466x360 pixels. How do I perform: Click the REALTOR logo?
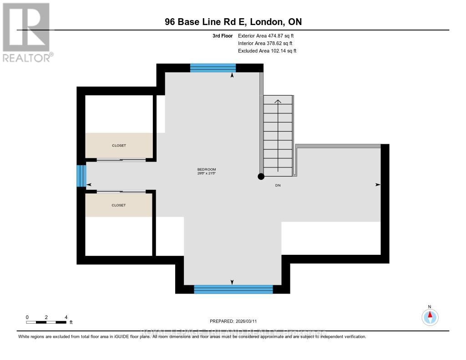pos(26,32)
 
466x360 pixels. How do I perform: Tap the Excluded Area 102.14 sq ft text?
pos(267,51)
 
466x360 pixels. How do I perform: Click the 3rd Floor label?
pos(223,35)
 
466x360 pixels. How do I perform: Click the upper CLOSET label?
pos(119,146)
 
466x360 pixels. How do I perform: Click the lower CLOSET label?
pos(119,205)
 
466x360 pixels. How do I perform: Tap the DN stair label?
pos(278,185)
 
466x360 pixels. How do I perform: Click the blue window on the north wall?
pos(213,68)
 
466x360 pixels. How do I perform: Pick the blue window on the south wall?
pos(233,289)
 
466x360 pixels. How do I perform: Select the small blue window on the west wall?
pos(81,176)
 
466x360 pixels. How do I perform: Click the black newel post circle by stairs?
pos(261,177)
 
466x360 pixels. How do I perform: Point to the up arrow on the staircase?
pos(278,101)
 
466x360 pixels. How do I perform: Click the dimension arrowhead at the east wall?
pos(377,185)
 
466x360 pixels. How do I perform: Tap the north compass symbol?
pos(430,316)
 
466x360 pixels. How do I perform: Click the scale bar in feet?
pos(47,322)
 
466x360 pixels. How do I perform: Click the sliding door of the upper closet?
pos(121,160)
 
